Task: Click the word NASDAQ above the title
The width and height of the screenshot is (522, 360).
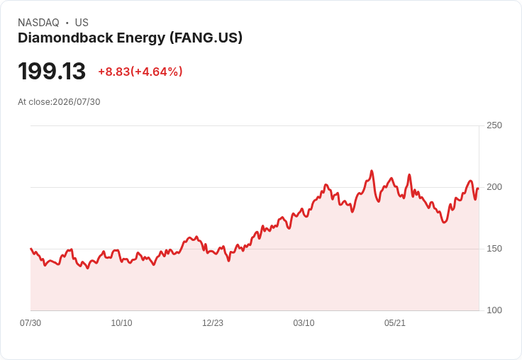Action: coord(38,23)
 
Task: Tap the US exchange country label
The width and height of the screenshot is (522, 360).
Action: coord(82,23)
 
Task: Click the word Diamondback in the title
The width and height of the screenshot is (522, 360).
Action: coord(65,38)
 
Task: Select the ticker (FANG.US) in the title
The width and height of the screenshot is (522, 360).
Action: coord(206,38)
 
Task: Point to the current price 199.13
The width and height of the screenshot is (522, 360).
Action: coord(52,71)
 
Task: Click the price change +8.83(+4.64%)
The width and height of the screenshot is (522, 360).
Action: coord(140,72)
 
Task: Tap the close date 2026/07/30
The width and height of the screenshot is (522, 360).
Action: coord(76,102)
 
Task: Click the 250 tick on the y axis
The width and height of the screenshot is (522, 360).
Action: coord(494,125)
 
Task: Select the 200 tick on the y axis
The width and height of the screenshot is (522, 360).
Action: coord(494,187)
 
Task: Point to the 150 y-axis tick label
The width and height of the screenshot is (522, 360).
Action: coord(494,249)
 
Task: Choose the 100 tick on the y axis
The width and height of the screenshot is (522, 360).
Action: coord(494,310)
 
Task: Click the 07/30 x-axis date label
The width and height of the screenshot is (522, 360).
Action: coord(30,323)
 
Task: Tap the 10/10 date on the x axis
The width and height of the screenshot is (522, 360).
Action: coord(121,323)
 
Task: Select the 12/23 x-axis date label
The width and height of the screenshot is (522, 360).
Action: coord(213,323)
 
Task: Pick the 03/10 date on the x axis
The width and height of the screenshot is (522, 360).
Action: coord(304,323)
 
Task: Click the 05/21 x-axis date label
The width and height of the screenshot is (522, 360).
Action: coord(395,323)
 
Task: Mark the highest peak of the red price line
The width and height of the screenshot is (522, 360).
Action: coord(372,171)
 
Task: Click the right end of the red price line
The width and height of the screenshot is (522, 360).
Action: coord(479,189)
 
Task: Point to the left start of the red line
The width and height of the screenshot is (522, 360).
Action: coord(30,249)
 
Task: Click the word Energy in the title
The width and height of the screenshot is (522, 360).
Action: coord(141,38)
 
